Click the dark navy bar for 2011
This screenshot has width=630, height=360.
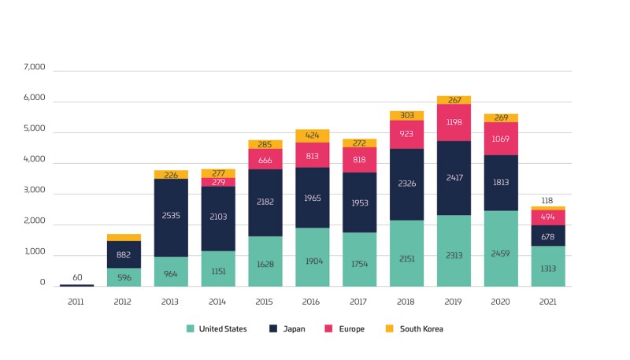pos(76,285)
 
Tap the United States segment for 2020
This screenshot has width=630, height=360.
pos(501,248)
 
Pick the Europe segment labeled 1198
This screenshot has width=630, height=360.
pos(454,122)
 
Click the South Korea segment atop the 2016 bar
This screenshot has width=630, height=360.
pos(313,135)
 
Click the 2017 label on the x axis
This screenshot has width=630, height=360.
pos(359,300)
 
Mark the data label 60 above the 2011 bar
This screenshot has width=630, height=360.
pos(76,277)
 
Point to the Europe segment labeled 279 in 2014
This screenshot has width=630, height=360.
pos(218,182)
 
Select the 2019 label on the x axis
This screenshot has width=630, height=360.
pos(454,300)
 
